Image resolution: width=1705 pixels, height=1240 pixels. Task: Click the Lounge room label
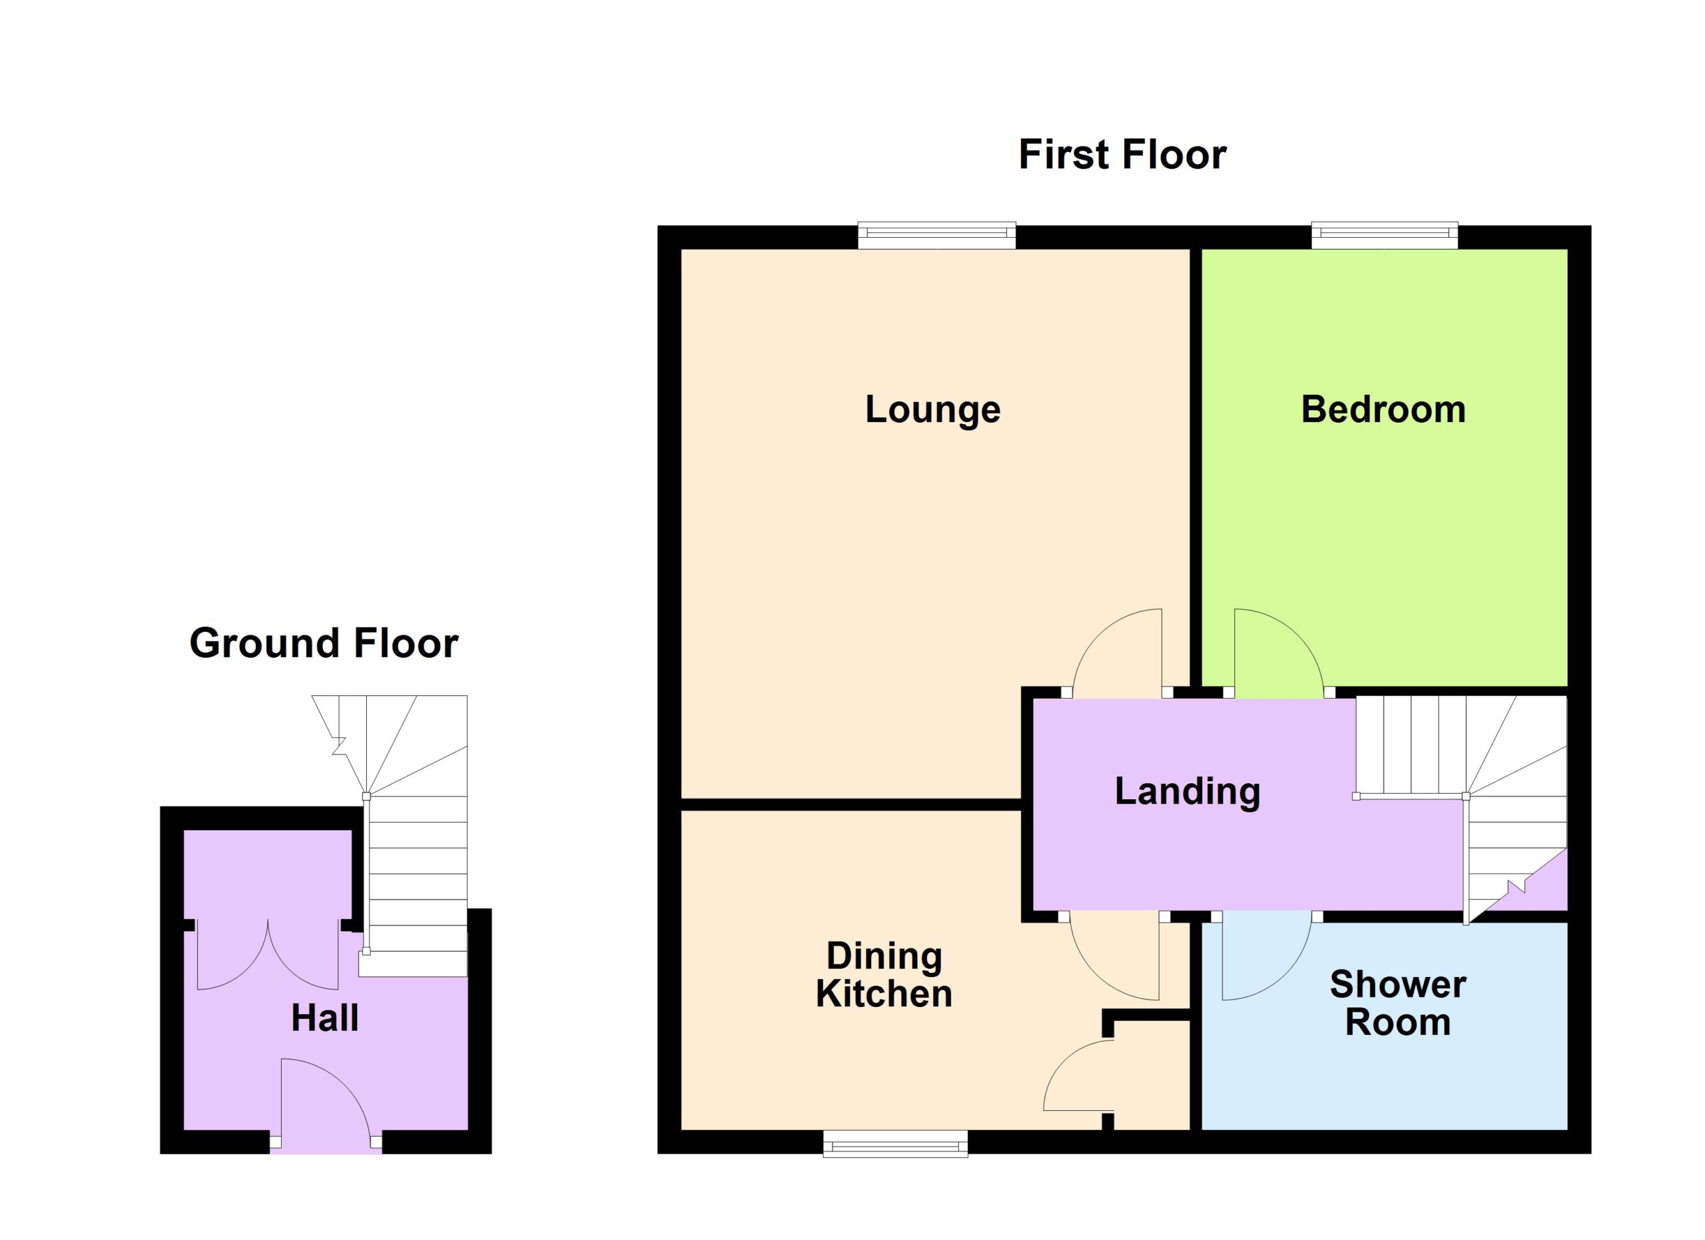coord(933,410)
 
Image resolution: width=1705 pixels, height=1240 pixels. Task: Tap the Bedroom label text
coord(1383,410)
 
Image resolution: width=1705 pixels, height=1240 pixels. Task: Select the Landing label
coord(1187,791)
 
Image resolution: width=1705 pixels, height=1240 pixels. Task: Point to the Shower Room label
coord(1397,1004)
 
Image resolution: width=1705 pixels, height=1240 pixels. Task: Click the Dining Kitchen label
coord(884,975)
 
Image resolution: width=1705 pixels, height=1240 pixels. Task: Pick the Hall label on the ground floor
coord(325,1018)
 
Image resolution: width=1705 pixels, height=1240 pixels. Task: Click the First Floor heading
coord(1122,155)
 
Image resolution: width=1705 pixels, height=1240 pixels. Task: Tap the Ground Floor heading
coord(324,643)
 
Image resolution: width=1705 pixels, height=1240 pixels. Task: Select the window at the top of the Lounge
coord(936,235)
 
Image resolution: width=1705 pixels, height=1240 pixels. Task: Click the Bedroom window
coord(1385,235)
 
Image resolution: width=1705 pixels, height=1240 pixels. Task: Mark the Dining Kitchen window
coord(895,1145)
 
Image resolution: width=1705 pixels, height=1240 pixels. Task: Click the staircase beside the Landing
coord(1461,808)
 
